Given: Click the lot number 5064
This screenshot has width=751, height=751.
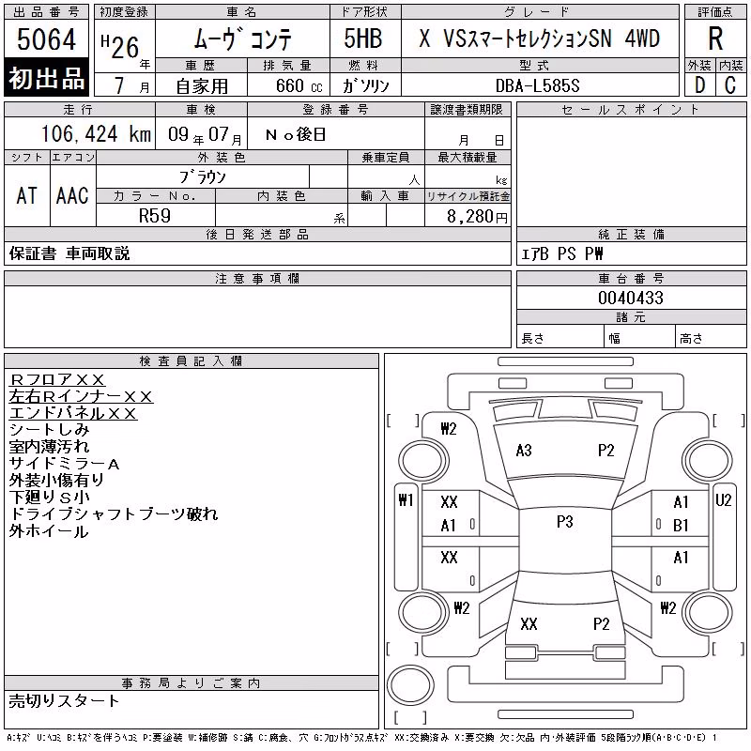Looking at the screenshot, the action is click(x=46, y=38).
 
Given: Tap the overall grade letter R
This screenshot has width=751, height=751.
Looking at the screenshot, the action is click(x=715, y=38).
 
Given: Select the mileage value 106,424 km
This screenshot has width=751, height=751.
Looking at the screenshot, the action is click(x=97, y=133).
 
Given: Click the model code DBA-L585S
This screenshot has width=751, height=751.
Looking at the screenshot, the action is click(x=537, y=85).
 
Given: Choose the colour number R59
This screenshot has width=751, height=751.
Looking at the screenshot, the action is click(x=155, y=216).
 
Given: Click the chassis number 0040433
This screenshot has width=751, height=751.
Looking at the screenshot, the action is click(x=631, y=298).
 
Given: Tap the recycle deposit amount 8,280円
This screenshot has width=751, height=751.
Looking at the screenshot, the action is click(x=477, y=217).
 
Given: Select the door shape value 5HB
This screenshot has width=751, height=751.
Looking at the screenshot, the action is click(x=363, y=38).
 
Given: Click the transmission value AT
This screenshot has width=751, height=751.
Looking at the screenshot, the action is click(x=27, y=195).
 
